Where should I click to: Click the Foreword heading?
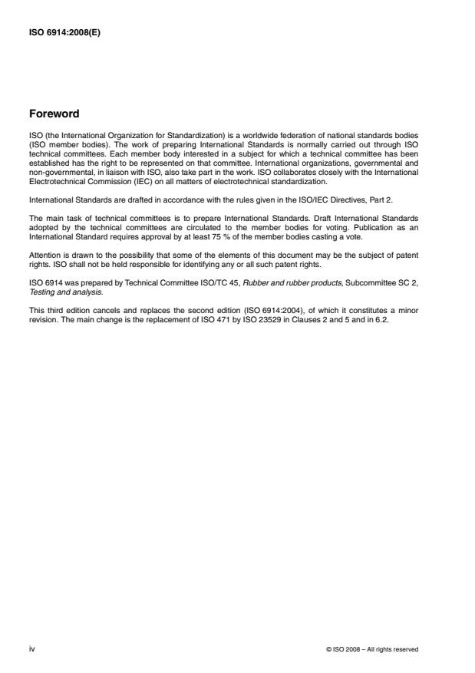[x=53, y=114]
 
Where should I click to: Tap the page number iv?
[x=31, y=648]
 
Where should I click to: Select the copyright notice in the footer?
[x=372, y=649]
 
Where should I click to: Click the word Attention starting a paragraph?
[x=44, y=252]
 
